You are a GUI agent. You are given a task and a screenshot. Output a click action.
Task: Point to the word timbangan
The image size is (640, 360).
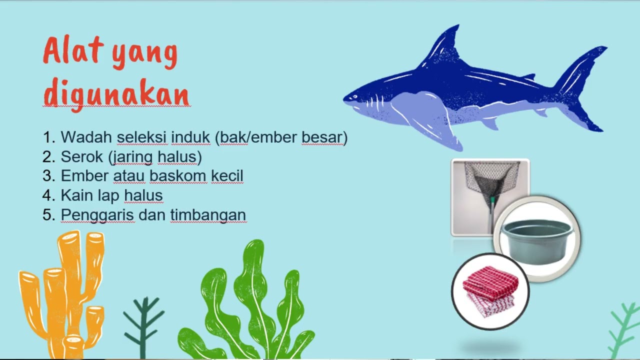click(x=208, y=215)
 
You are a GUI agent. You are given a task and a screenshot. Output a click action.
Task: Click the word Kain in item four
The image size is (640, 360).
click(x=76, y=195)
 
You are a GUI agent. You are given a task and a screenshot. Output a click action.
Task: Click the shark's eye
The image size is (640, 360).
click(x=356, y=94)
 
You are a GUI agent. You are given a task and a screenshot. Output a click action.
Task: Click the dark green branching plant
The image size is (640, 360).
click(x=143, y=325)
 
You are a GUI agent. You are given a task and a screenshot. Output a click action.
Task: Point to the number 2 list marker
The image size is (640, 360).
click(x=48, y=157)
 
